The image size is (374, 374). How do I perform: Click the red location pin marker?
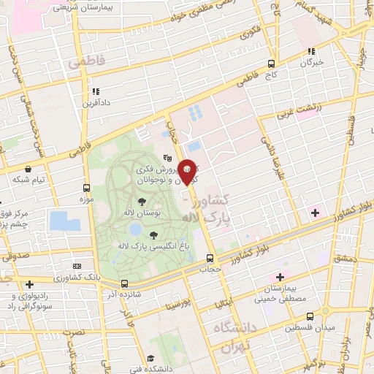tap(188, 171)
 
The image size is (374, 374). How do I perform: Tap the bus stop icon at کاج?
tap(272, 64)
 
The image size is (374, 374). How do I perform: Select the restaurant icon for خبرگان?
tap(312, 51)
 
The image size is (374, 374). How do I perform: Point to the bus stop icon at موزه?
tap(87, 187)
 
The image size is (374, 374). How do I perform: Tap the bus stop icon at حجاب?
tap(210, 258)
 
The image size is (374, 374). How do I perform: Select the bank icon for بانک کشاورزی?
tap(77, 267)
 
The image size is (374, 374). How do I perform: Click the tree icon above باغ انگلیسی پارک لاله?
tap(153, 235)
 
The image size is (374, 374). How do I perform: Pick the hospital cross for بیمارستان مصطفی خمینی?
tap(280, 276)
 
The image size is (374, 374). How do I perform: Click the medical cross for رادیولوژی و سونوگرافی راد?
tap(28, 284)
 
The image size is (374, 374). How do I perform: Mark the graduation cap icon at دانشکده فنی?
tap(150, 358)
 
